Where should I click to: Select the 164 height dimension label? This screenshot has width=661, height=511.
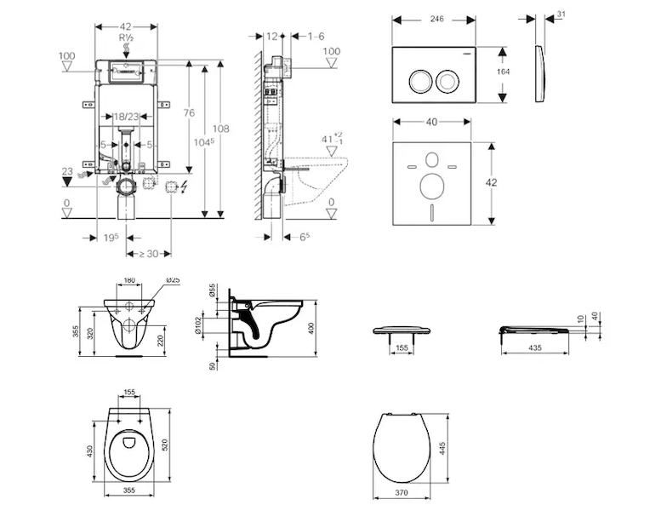tap(504, 72)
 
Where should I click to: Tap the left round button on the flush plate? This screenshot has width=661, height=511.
tap(419, 81)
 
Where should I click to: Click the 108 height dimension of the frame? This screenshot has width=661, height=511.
tap(220, 129)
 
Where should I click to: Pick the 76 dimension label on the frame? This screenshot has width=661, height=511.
tap(190, 113)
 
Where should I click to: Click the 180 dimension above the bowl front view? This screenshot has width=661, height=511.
tap(130, 280)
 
